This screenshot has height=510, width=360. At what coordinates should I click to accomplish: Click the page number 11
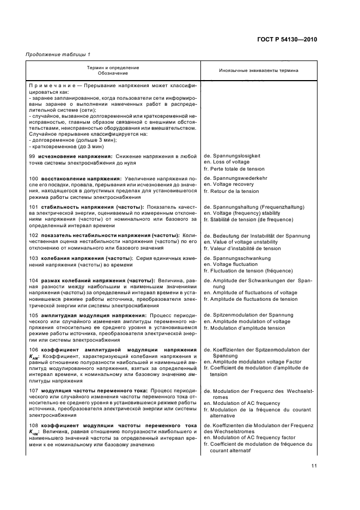pos(314,465)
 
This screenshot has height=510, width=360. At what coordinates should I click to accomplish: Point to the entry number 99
pos(32,156)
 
